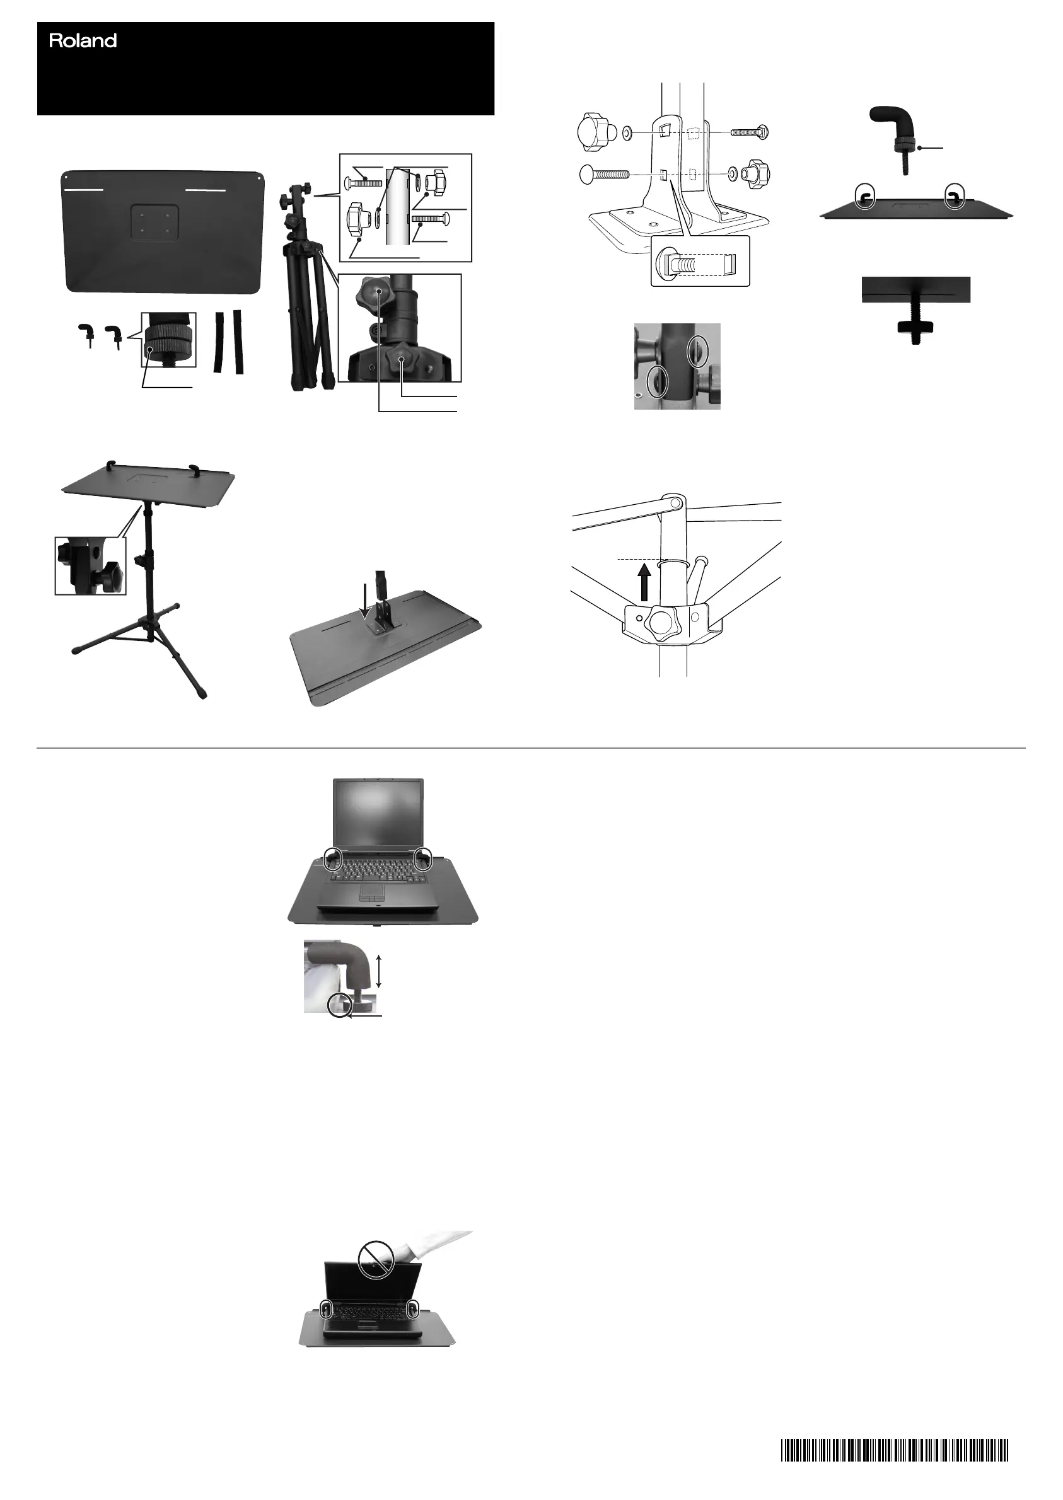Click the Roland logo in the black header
point(83,41)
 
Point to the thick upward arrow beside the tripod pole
point(646,583)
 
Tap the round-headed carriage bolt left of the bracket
point(603,175)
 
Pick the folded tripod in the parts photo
point(305,288)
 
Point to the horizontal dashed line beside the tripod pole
point(638,560)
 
